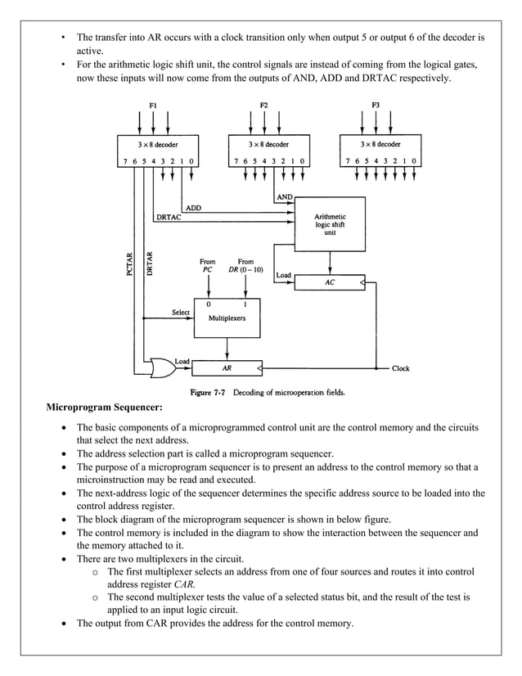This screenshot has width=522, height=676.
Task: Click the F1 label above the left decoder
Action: point(153,105)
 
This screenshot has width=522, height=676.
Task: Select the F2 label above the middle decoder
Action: point(264,105)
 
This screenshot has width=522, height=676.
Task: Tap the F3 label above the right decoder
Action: point(376,105)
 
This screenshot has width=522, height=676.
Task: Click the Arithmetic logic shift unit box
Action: point(330,225)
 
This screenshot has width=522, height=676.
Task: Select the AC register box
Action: point(330,282)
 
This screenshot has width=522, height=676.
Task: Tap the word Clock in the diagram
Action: point(401,368)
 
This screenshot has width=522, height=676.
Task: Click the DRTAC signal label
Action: point(168,217)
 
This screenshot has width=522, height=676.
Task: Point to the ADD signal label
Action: point(193,208)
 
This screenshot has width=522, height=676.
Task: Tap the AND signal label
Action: point(285,197)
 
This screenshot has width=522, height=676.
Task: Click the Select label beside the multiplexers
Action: point(181,313)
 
